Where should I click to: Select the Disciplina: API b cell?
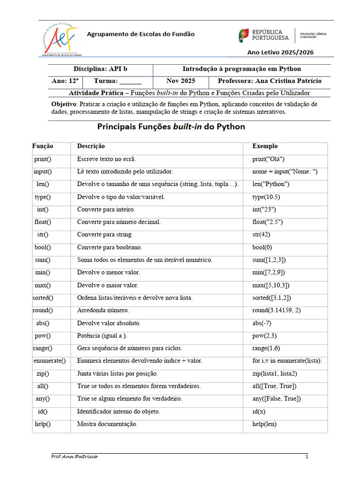[x=100, y=69]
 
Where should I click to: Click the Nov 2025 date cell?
[x=180, y=81]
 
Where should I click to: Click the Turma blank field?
[x=127, y=81]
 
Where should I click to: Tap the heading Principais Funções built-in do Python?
[x=171, y=127]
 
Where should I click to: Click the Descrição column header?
[x=91, y=146]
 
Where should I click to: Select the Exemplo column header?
[x=265, y=146]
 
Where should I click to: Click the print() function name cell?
[x=43, y=159]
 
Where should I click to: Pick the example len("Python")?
[x=270, y=184]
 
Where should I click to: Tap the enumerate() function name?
[x=50, y=361]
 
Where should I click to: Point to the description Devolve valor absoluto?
[x=109, y=323]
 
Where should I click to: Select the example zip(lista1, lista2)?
[x=275, y=374]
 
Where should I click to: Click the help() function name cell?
[x=43, y=424]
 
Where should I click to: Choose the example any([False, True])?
[x=277, y=399]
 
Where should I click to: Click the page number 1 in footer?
[x=307, y=457]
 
